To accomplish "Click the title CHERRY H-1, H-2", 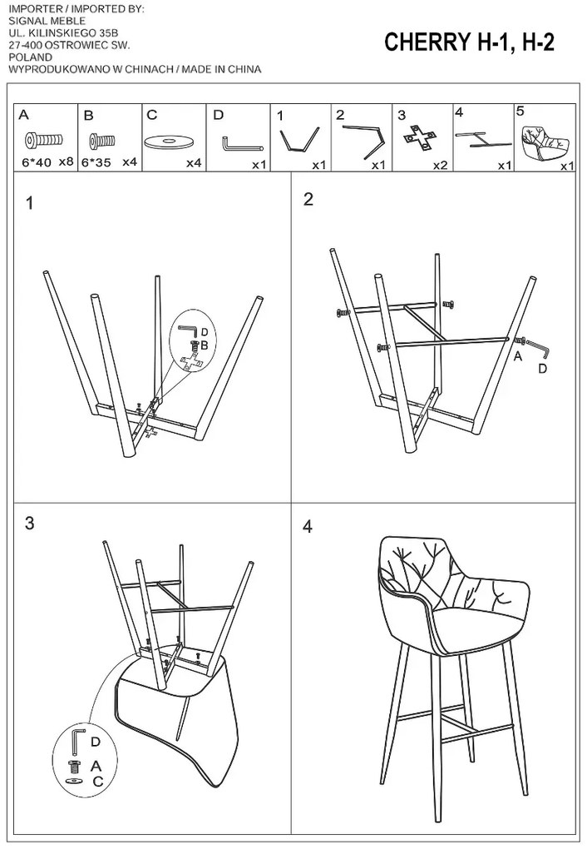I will (x=469, y=44).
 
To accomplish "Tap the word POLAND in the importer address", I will (x=27, y=59).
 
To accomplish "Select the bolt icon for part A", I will (x=38, y=139).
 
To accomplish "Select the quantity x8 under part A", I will (x=67, y=162).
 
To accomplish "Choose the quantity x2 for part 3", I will (x=440, y=166).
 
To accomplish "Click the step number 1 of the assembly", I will (x=30, y=203).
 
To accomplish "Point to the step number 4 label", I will (x=308, y=526).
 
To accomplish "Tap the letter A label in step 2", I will (x=517, y=357).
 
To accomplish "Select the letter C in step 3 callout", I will (x=97, y=781).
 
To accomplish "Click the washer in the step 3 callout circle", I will (x=75, y=781).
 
